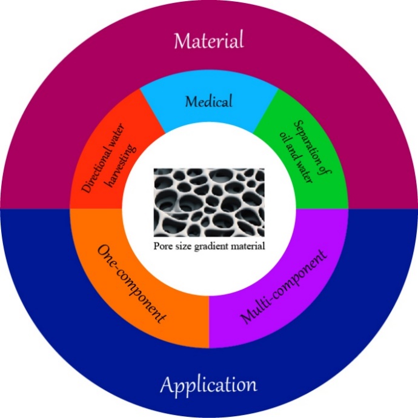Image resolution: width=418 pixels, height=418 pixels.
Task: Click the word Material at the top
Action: [x=208, y=41]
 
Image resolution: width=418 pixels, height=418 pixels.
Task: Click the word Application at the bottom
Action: [x=208, y=385]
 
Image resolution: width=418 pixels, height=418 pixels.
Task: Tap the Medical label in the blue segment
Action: [x=208, y=101]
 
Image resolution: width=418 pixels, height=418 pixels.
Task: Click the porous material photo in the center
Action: [x=208, y=203]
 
